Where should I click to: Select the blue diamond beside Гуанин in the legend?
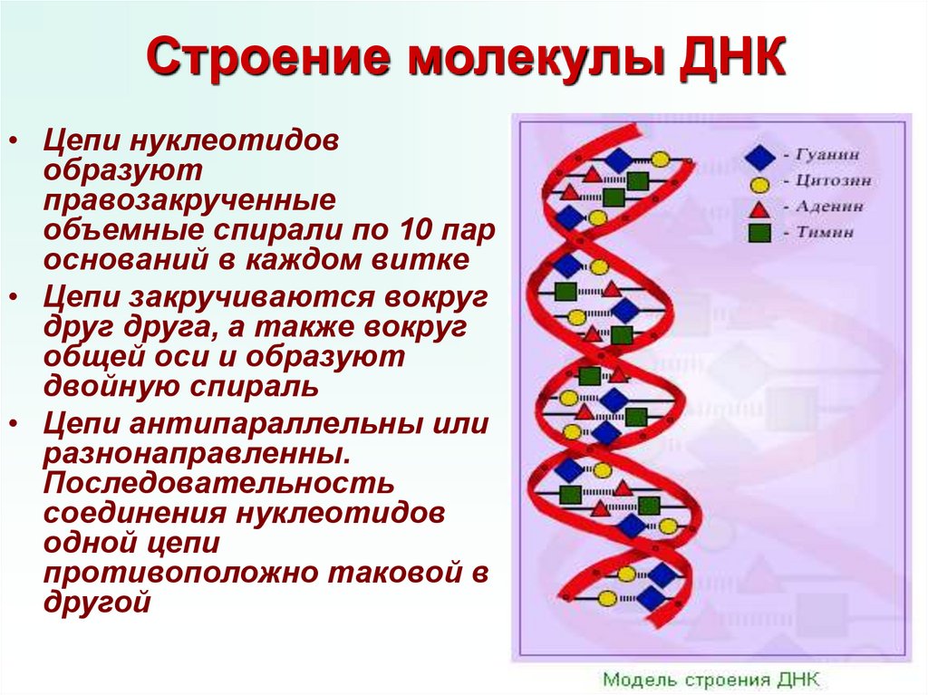point(759,157)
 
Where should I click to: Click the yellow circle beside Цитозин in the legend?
point(759,183)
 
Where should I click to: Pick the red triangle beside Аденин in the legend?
point(759,208)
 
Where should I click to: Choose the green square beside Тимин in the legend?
point(759,233)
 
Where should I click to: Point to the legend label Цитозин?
point(834,181)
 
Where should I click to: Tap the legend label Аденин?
point(830,207)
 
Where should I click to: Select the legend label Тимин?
point(826,232)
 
